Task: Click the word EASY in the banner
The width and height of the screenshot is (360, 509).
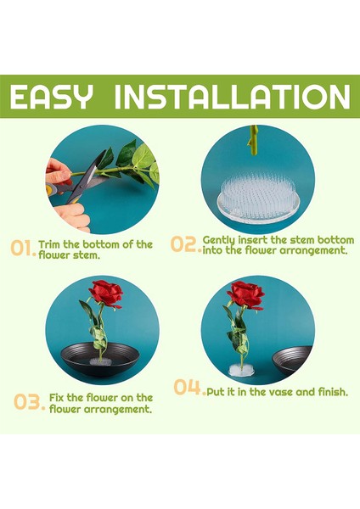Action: (51, 97)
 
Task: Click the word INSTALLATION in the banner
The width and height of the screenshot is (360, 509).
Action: (233, 97)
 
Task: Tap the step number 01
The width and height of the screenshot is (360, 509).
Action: (23, 249)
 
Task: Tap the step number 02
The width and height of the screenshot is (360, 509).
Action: (185, 244)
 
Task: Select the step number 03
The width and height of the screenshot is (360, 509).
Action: (29, 402)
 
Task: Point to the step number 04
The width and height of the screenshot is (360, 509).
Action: (189, 388)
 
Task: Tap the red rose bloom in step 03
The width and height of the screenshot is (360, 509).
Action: (106, 294)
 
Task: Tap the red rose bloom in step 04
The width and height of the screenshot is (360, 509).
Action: (246, 294)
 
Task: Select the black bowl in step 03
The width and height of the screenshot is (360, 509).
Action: (100, 360)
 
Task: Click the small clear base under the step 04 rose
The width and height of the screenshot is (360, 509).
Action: (242, 370)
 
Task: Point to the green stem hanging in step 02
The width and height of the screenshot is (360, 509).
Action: (253, 140)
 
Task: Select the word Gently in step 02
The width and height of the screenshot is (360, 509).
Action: (219, 241)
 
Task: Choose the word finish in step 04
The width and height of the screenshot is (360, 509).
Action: (333, 392)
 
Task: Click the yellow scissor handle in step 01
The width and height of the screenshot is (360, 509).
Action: (51, 189)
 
